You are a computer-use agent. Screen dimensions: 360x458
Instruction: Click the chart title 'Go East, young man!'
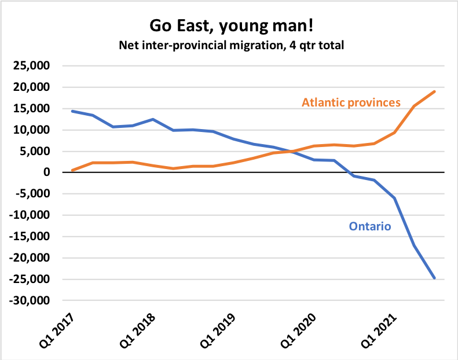[229, 25]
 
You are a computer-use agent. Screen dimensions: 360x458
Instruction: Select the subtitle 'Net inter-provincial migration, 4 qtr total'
[229, 45]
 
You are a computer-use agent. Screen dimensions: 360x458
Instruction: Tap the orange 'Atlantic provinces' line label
[351, 102]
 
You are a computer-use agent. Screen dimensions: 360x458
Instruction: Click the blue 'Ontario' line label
[370, 226]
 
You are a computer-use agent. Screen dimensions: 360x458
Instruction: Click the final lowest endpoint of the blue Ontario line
[435, 278]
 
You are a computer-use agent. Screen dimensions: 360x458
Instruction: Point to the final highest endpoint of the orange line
[435, 91]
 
